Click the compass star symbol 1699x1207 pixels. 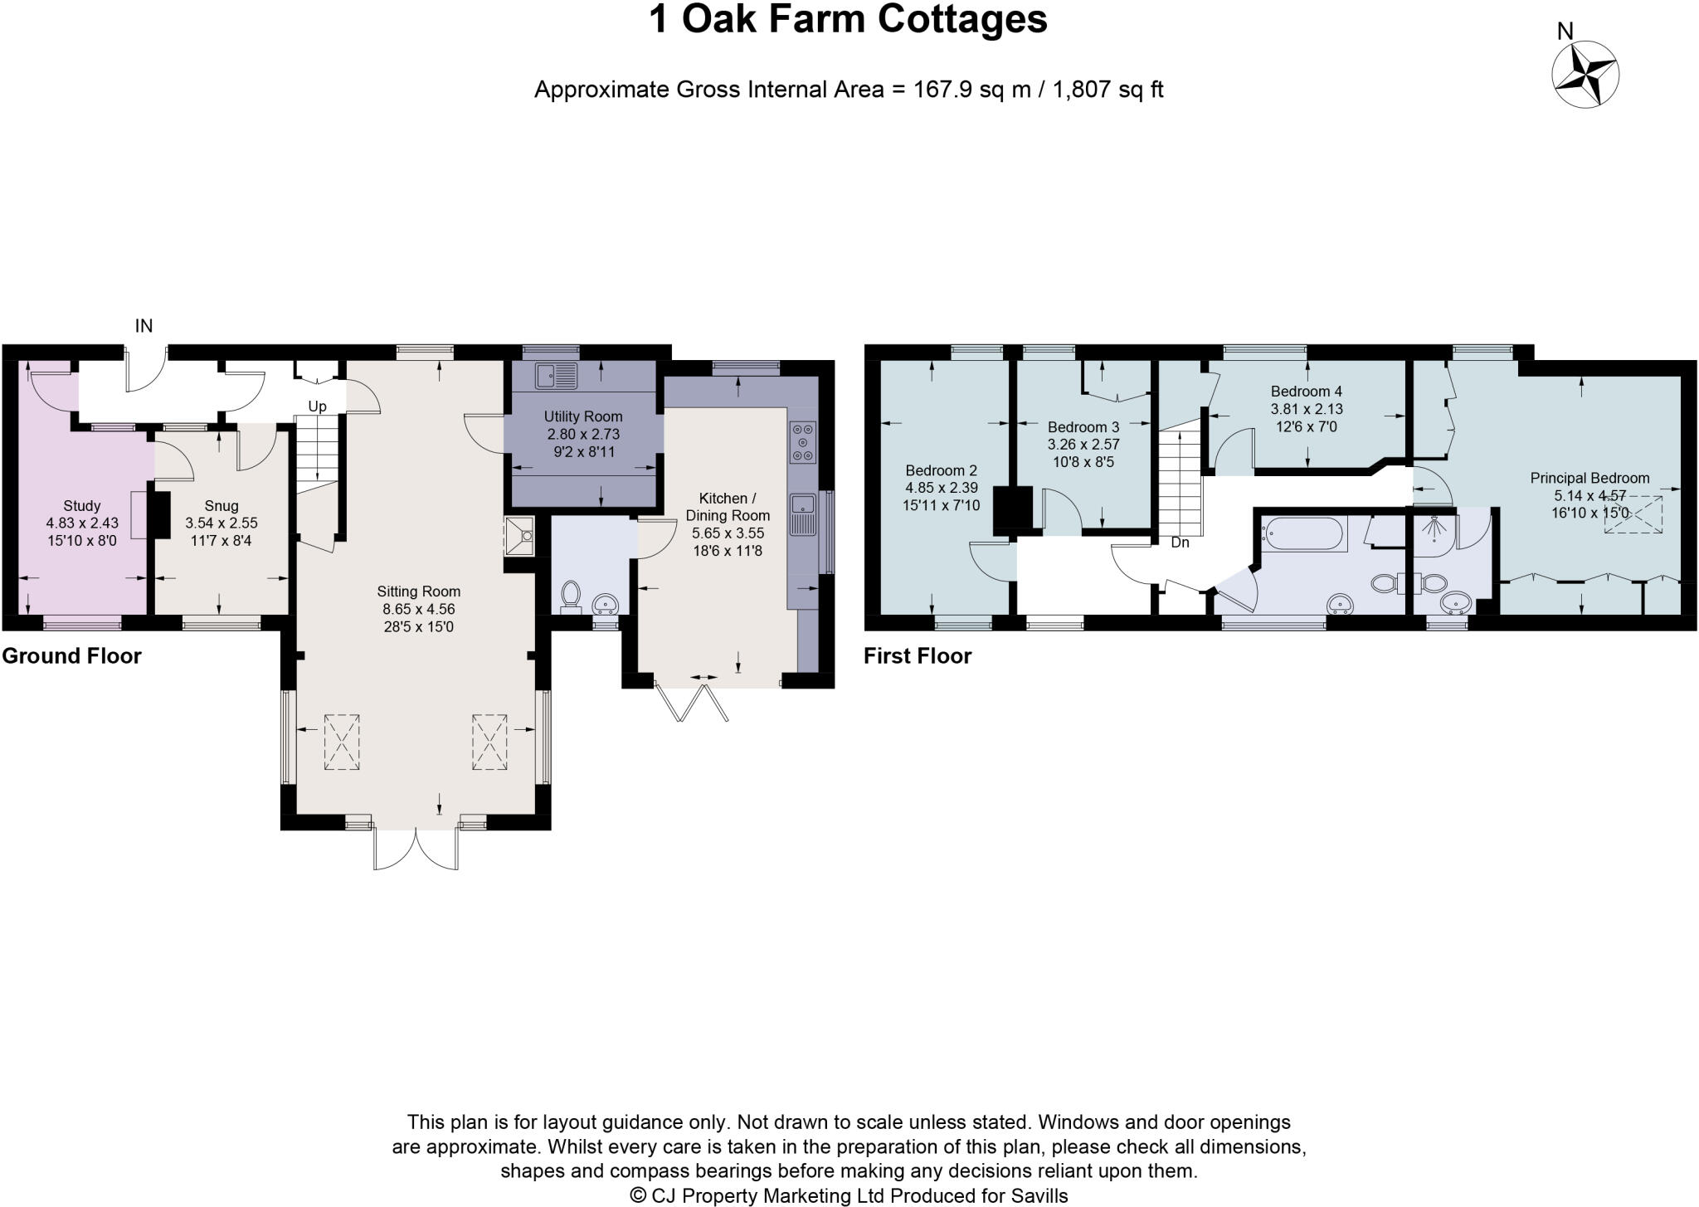click(1585, 74)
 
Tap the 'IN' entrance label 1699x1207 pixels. click(144, 326)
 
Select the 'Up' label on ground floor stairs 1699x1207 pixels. click(317, 406)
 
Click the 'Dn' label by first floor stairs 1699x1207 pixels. click(1180, 543)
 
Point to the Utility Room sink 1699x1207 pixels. click(556, 377)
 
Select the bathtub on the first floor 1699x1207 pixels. click(1302, 533)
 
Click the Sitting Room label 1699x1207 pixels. click(418, 591)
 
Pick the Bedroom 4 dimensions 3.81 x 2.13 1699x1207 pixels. click(1307, 409)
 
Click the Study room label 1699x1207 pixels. click(81, 505)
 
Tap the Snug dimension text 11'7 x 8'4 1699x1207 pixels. click(221, 541)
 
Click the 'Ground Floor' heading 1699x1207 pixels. click(71, 656)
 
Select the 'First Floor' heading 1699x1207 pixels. click(917, 656)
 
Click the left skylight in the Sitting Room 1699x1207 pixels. click(341, 742)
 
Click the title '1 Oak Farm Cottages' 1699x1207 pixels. click(848, 20)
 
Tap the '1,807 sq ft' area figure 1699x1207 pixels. click(1108, 90)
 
